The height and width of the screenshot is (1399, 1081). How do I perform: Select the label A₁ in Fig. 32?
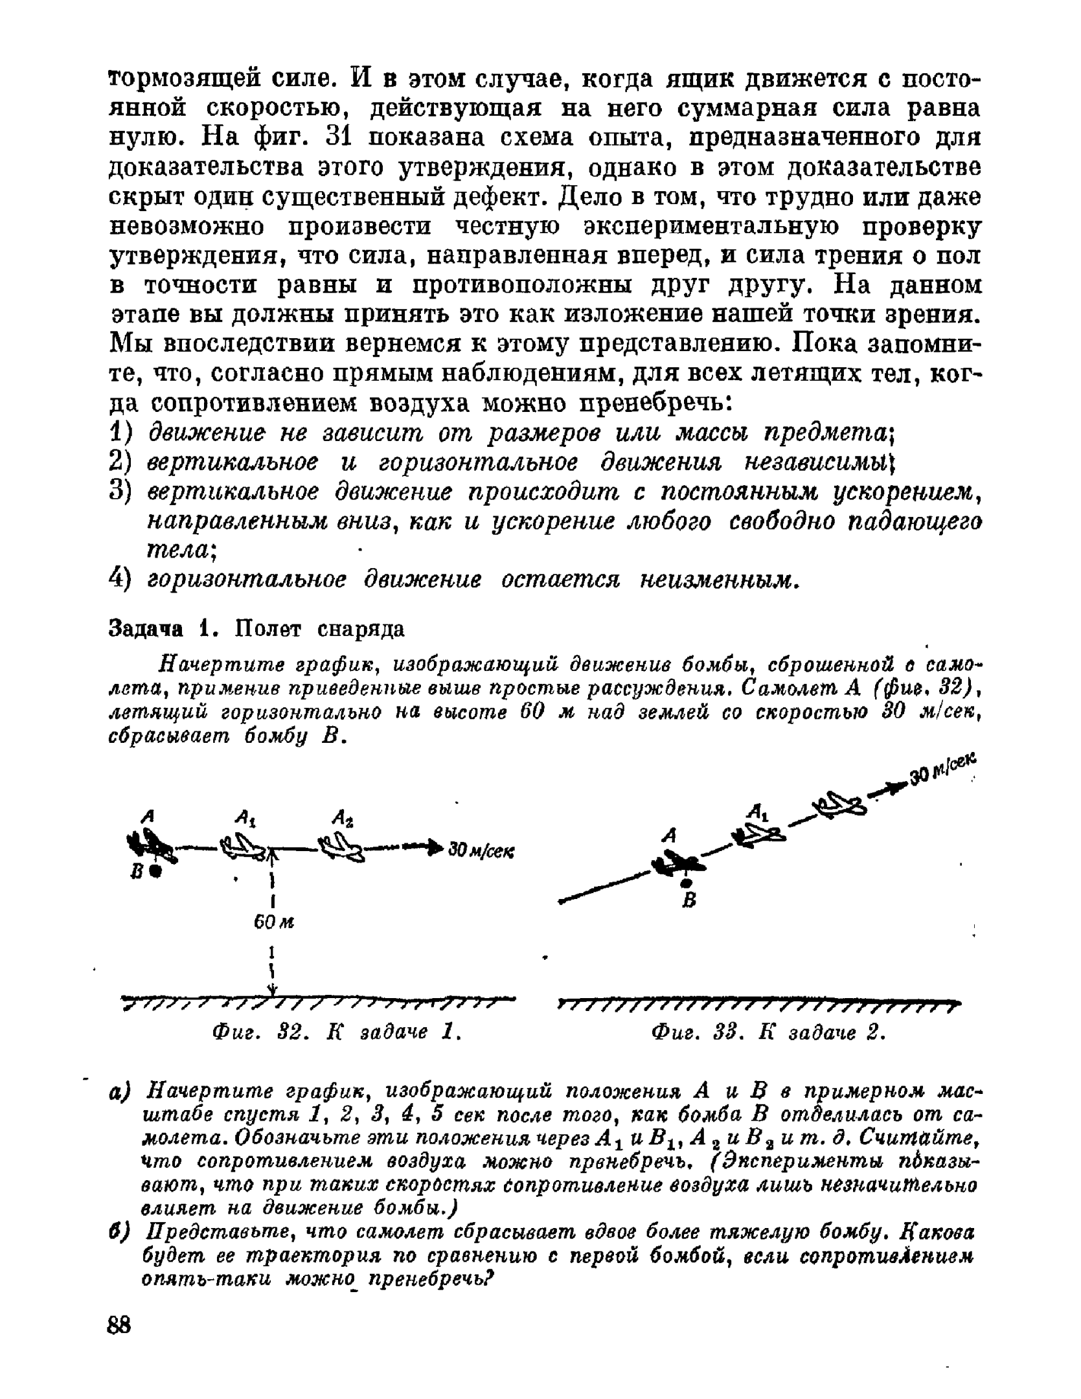pos(243,819)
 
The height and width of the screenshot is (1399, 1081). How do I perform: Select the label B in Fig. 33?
pos(689,900)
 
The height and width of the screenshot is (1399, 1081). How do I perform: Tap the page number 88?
pos(119,1325)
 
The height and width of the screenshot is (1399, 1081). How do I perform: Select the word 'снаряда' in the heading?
pos(362,628)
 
